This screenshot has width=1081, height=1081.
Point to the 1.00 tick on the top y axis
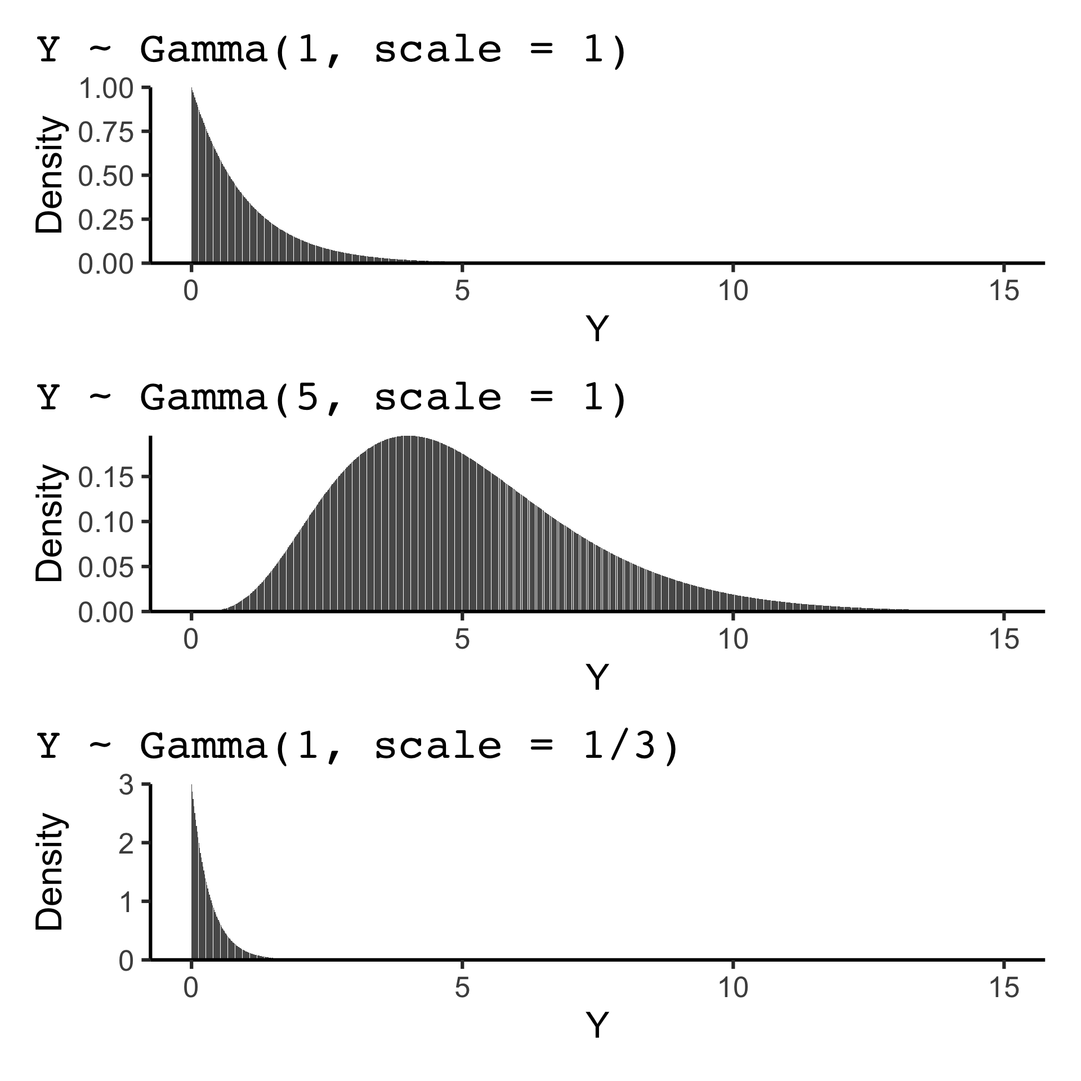click(x=106, y=88)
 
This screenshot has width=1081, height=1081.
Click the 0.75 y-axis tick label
click(x=106, y=132)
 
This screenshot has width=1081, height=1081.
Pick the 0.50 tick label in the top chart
click(x=106, y=176)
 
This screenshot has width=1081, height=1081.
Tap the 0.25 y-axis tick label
click(x=106, y=220)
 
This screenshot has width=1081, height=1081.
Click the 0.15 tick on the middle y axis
click(x=106, y=477)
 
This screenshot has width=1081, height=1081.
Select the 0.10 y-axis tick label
click(x=106, y=522)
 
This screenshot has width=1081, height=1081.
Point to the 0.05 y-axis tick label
click(x=106, y=566)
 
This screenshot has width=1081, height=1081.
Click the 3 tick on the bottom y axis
click(x=126, y=784)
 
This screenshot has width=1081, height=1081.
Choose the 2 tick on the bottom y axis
click(x=126, y=843)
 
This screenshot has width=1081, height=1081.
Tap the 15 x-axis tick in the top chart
click(x=1004, y=292)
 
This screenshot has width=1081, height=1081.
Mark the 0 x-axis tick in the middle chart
click(x=191, y=640)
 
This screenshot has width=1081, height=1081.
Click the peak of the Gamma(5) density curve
click(x=408, y=436)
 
